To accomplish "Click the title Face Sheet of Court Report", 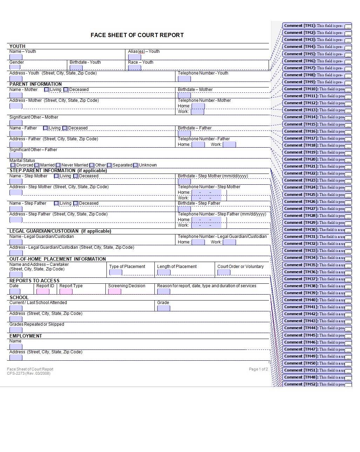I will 137,35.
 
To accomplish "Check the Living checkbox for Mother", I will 47,90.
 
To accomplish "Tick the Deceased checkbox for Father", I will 65,128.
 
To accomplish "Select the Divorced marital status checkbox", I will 13,165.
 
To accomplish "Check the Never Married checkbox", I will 58,165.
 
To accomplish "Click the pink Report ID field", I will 43,291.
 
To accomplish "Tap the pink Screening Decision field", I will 115,291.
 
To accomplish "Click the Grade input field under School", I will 164,308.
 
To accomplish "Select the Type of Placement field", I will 116,272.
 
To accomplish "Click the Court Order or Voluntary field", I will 224,272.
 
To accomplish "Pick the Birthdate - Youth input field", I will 76,68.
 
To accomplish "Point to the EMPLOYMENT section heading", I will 26,336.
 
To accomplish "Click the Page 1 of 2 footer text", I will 258,369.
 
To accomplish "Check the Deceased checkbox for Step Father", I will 76,203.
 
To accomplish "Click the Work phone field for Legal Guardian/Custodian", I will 229,242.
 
